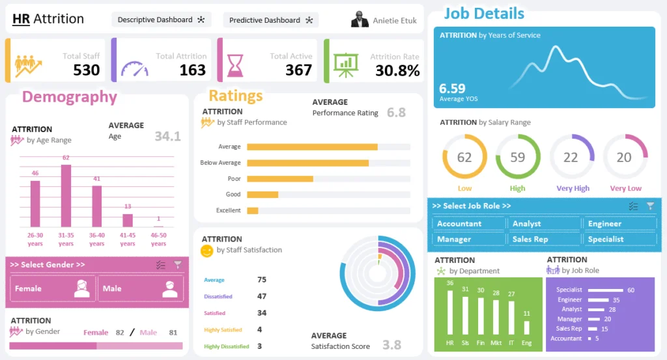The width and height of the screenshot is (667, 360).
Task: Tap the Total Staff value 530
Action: click(x=87, y=70)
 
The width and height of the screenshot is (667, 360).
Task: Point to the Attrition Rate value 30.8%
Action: click(x=397, y=71)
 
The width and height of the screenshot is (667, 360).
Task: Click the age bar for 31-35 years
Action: click(x=66, y=195)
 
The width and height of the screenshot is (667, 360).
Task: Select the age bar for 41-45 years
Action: click(x=128, y=220)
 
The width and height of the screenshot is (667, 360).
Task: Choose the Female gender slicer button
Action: click(x=53, y=288)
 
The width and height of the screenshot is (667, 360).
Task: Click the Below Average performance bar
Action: click(x=307, y=163)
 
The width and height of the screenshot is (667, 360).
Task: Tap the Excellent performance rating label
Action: click(x=229, y=210)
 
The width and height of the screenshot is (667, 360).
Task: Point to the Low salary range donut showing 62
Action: click(x=464, y=157)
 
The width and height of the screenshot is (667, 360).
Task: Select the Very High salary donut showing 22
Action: click(x=571, y=157)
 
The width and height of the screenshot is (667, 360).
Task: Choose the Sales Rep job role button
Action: click(x=543, y=239)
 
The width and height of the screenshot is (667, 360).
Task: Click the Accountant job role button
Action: click(x=468, y=223)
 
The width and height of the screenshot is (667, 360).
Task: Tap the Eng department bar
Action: click(x=527, y=327)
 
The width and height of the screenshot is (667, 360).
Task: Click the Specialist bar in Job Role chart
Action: click(x=606, y=290)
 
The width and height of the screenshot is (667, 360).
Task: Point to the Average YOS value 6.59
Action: click(x=452, y=89)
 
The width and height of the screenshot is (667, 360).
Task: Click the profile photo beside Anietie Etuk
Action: click(x=360, y=20)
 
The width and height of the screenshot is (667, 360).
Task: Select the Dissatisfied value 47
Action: click(x=262, y=296)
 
